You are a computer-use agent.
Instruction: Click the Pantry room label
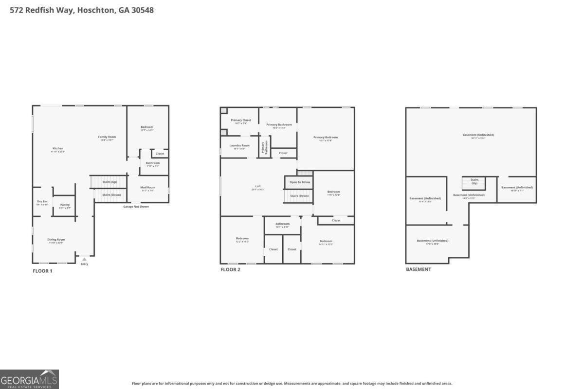click(x=65, y=205)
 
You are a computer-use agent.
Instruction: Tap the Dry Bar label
click(x=42, y=201)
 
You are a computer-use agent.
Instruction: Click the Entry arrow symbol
click(x=84, y=260)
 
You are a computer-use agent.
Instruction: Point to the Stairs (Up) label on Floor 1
click(x=109, y=182)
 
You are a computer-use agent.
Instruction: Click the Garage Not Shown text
click(x=136, y=207)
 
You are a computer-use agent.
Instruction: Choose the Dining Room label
click(x=56, y=240)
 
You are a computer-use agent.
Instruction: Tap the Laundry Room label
click(x=239, y=145)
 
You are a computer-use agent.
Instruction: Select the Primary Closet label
click(x=241, y=120)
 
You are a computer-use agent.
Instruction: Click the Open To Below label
click(x=300, y=182)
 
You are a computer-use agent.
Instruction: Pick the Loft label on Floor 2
click(x=258, y=187)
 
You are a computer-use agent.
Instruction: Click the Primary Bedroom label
click(x=326, y=138)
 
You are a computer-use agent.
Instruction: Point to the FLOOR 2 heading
click(x=230, y=269)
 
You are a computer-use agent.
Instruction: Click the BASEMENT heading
click(x=418, y=269)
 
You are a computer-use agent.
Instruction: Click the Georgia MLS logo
click(x=29, y=379)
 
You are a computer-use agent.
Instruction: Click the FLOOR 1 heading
click(x=42, y=271)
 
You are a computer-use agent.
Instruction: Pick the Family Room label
click(x=107, y=137)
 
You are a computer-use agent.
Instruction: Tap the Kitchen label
click(x=58, y=149)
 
